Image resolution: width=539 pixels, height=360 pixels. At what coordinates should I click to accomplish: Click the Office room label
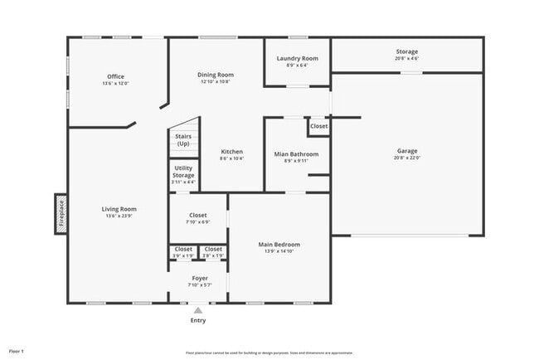click(x=115, y=76)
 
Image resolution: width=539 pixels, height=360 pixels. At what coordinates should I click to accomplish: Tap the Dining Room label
click(x=215, y=75)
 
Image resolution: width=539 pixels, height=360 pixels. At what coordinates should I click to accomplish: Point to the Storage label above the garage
click(x=406, y=51)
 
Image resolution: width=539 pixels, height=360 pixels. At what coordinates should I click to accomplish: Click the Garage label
click(x=406, y=151)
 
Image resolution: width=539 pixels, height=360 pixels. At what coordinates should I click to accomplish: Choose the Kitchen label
click(x=231, y=152)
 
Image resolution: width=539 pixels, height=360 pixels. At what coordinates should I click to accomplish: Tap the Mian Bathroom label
click(x=295, y=153)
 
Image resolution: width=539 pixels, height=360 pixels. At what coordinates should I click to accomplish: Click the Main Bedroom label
click(x=279, y=245)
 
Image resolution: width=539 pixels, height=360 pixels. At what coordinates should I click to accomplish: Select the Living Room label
click(x=119, y=209)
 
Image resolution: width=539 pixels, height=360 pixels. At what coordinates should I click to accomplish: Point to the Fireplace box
click(x=60, y=214)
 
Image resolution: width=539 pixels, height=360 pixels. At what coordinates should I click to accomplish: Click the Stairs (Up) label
click(x=183, y=140)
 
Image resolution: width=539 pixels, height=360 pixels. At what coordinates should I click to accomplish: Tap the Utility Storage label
click(x=183, y=172)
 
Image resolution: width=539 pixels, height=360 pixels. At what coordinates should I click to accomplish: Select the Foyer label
click(x=200, y=278)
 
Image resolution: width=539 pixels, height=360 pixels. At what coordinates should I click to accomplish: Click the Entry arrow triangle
click(x=197, y=310)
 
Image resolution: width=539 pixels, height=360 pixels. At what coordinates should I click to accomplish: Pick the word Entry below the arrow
click(x=198, y=320)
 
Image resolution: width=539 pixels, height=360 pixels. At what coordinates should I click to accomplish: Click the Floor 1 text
click(x=17, y=351)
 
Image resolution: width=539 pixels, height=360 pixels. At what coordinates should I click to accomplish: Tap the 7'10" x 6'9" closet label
click(x=198, y=221)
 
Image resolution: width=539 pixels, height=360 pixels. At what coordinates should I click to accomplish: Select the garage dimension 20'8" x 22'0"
click(x=406, y=158)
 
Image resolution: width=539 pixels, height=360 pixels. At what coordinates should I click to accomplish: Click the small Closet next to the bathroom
click(x=318, y=126)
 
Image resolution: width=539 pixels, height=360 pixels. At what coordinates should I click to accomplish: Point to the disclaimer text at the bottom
click(x=269, y=352)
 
